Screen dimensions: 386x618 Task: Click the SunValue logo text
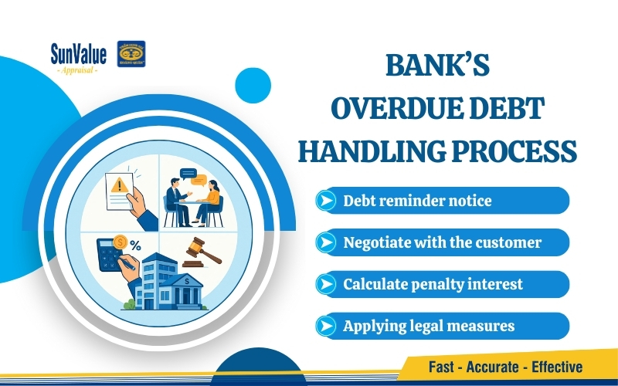79,53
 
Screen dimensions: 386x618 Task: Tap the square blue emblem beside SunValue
131,55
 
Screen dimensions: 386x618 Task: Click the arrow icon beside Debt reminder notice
328,201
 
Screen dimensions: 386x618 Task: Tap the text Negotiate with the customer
442,242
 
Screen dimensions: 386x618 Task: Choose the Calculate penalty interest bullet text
433,284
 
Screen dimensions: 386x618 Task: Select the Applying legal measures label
428,326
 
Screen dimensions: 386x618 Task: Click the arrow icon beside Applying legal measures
328,326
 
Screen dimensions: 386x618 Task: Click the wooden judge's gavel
199,252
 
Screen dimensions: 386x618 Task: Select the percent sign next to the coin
135,245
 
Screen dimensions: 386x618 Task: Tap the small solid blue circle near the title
253,86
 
